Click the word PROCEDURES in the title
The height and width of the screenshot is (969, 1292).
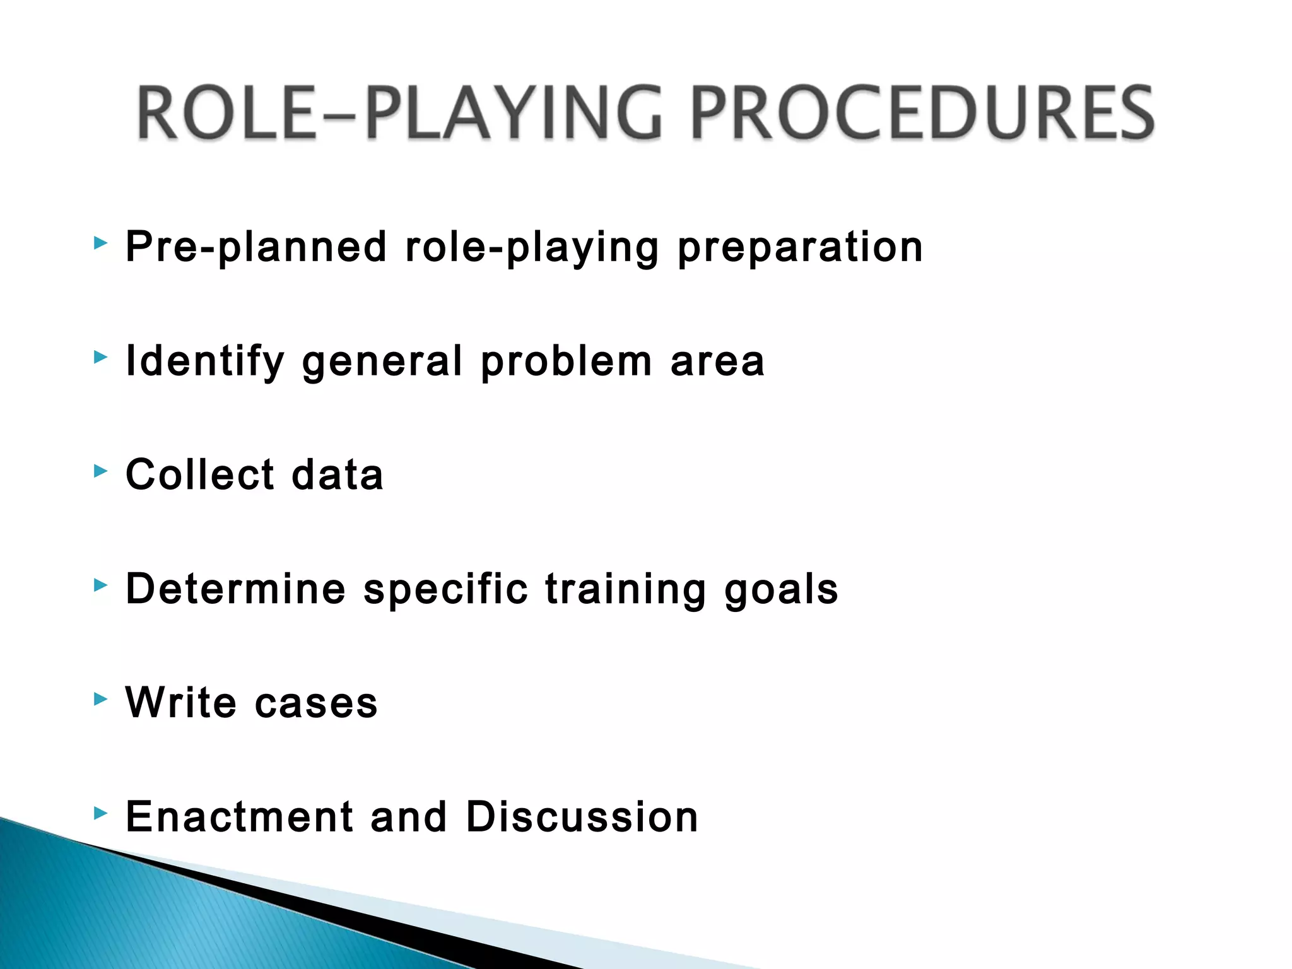pos(922,114)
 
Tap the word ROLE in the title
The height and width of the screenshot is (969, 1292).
pos(227,114)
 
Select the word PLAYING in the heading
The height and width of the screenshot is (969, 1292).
pos(514,114)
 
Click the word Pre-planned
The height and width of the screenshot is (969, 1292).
pos(256,247)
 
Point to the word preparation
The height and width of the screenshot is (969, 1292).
pos(800,247)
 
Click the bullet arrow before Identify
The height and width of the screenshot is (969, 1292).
pos(100,358)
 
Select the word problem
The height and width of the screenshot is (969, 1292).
pos(566,362)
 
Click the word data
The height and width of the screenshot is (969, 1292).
pos(338,474)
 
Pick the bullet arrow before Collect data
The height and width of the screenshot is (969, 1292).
pos(100,471)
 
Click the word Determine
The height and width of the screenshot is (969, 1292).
pos(236,589)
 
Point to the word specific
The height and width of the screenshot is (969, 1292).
pos(445,590)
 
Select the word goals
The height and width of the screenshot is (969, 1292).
pos(781,590)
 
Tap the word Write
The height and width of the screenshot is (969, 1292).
pos(181,702)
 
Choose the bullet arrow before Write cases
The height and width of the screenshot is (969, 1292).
pos(100,699)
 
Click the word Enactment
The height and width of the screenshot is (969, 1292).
pos(239,816)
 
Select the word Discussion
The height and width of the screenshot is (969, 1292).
pos(582,816)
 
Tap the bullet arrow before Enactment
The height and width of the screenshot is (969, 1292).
pos(100,813)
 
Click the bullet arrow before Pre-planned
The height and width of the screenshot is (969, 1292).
pos(100,244)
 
